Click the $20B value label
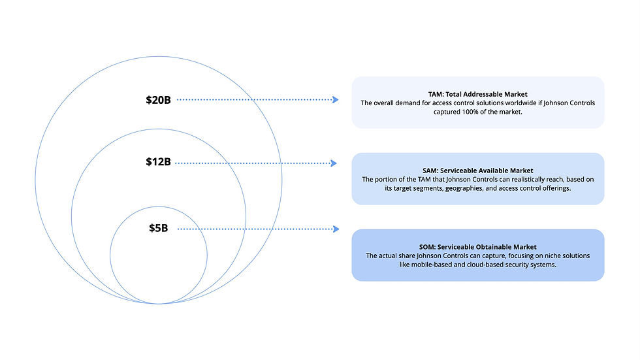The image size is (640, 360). [x=158, y=100]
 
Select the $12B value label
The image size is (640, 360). [x=158, y=161]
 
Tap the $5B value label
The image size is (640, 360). [x=158, y=228]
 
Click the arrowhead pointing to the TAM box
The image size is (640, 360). [x=335, y=100]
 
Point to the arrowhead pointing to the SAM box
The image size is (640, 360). [x=335, y=163]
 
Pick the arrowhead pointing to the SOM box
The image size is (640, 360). [x=336, y=229]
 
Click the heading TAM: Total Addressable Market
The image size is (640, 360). [x=477, y=94]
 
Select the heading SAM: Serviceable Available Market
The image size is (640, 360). [x=477, y=171]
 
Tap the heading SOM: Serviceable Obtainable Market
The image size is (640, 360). [x=477, y=247]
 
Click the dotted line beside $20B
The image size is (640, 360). [x=255, y=100]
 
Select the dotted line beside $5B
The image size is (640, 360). [x=255, y=229]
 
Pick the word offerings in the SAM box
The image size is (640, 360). [x=554, y=188]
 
